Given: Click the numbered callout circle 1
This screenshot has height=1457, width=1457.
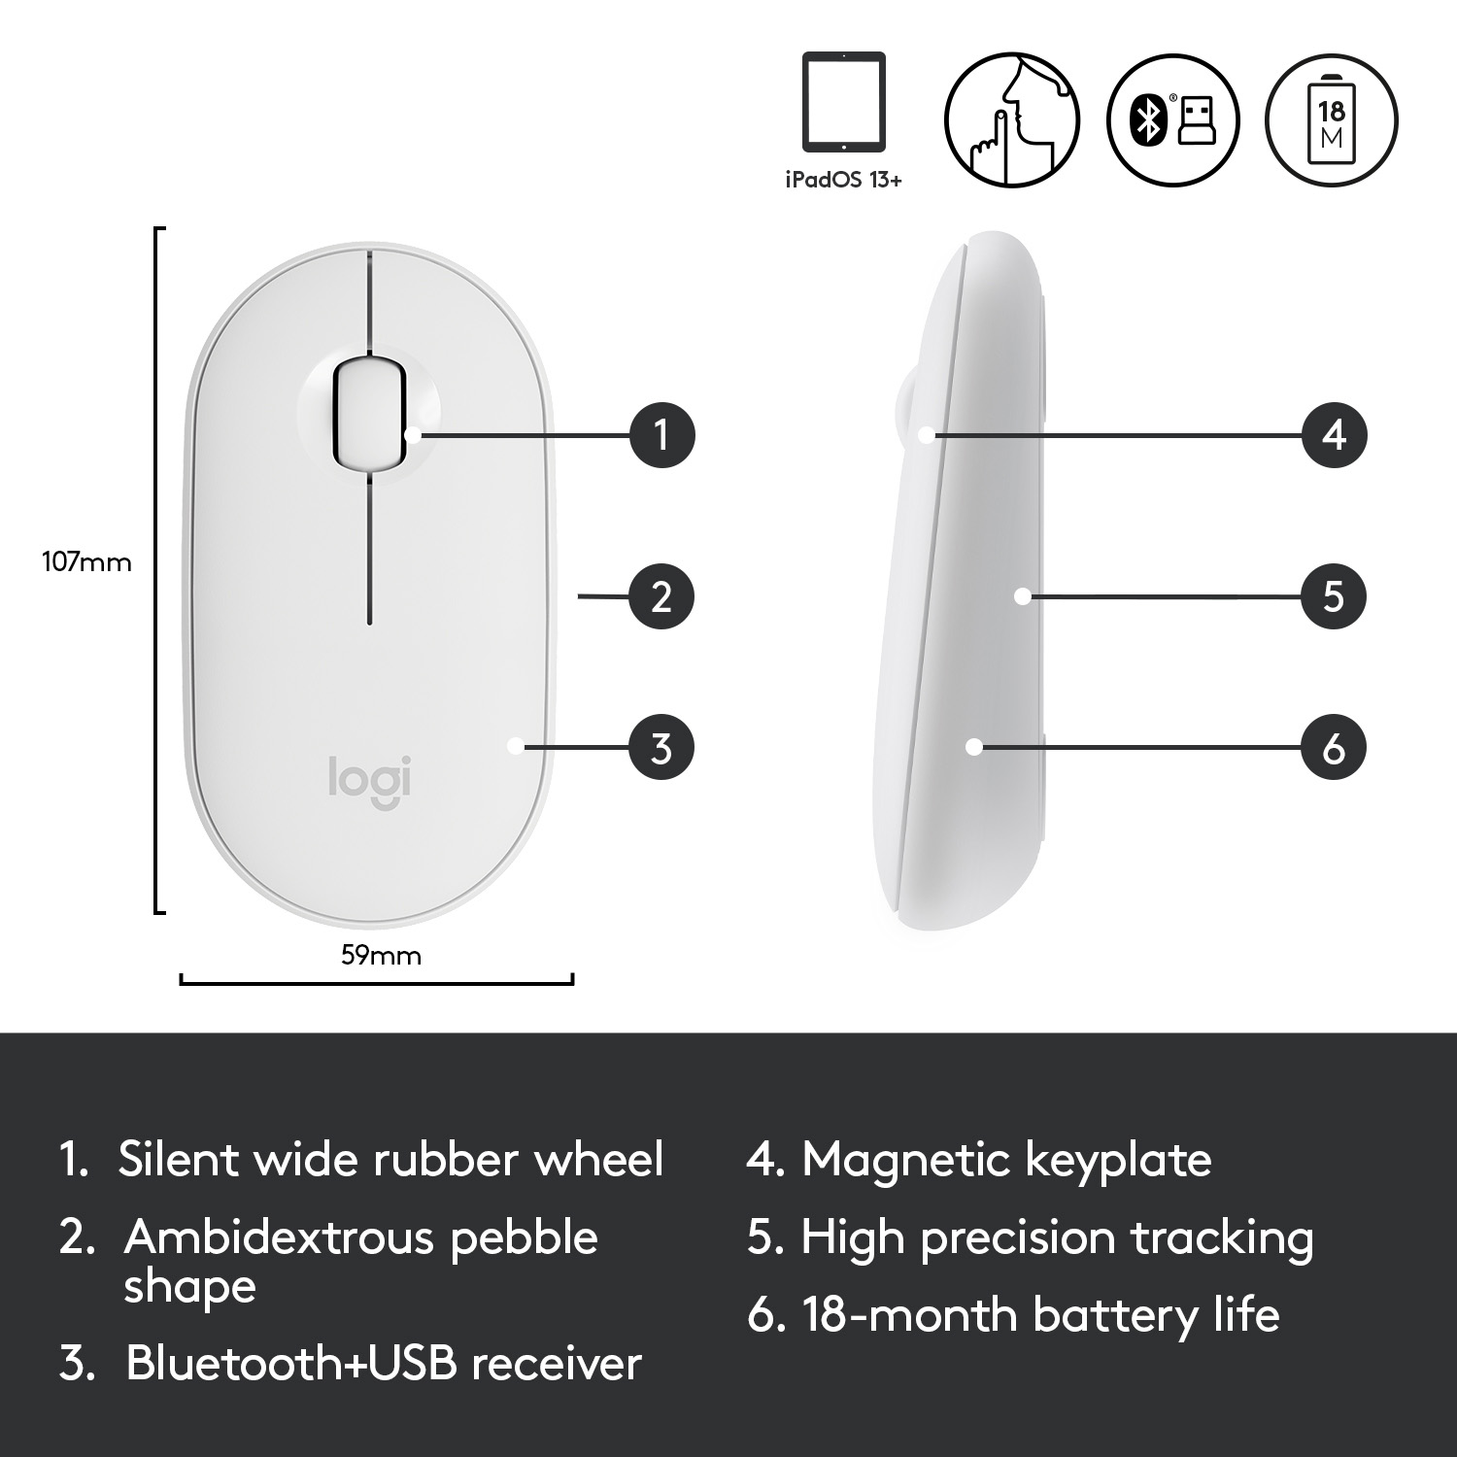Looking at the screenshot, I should [661, 433].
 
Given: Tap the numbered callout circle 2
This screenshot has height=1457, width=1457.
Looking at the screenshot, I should [661, 595].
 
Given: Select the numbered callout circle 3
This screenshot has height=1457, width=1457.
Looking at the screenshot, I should [661, 747].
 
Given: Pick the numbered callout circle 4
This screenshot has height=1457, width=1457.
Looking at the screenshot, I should [1334, 433].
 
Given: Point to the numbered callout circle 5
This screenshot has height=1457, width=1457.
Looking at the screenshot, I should [1334, 595].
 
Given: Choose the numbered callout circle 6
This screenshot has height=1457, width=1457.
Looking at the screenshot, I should [1334, 747].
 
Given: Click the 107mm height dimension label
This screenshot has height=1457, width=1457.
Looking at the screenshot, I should [86, 561].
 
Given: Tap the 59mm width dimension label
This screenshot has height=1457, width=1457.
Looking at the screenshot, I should [381, 955].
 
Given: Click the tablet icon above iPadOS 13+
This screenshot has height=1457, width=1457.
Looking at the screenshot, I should [843, 102].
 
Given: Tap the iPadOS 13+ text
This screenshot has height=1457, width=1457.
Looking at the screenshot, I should [843, 180].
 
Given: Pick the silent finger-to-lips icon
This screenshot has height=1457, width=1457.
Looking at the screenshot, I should [1012, 119].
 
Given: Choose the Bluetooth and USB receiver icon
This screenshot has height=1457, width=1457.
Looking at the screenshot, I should [1173, 119].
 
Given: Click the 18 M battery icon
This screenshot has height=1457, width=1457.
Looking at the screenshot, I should [1331, 119].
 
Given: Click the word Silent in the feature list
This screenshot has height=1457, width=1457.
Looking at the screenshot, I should [179, 1159].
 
